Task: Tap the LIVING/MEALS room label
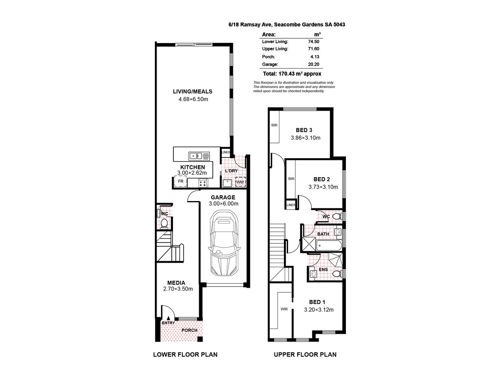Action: tap(192, 92)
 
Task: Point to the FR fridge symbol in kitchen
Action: tap(180, 181)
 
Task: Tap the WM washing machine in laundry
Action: tap(240, 181)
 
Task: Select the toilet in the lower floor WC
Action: tap(164, 223)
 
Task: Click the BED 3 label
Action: tap(304, 130)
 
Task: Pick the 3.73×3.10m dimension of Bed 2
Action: tap(323, 187)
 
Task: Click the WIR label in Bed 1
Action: tap(284, 309)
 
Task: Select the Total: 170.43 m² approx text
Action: tap(289, 74)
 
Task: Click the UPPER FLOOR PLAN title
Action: tap(305, 354)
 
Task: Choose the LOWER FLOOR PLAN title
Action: tap(185, 354)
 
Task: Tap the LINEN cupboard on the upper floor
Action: tap(291, 205)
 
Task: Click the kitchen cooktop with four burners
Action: tap(203, 183)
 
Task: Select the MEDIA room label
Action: tap(176, 283)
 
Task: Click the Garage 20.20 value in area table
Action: tap(314, 65)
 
